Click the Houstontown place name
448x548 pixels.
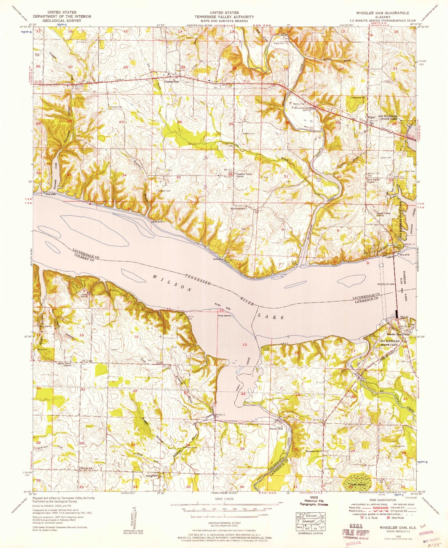point(238,209)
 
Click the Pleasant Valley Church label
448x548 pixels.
point(244,175)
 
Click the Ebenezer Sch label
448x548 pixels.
point(313,451)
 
